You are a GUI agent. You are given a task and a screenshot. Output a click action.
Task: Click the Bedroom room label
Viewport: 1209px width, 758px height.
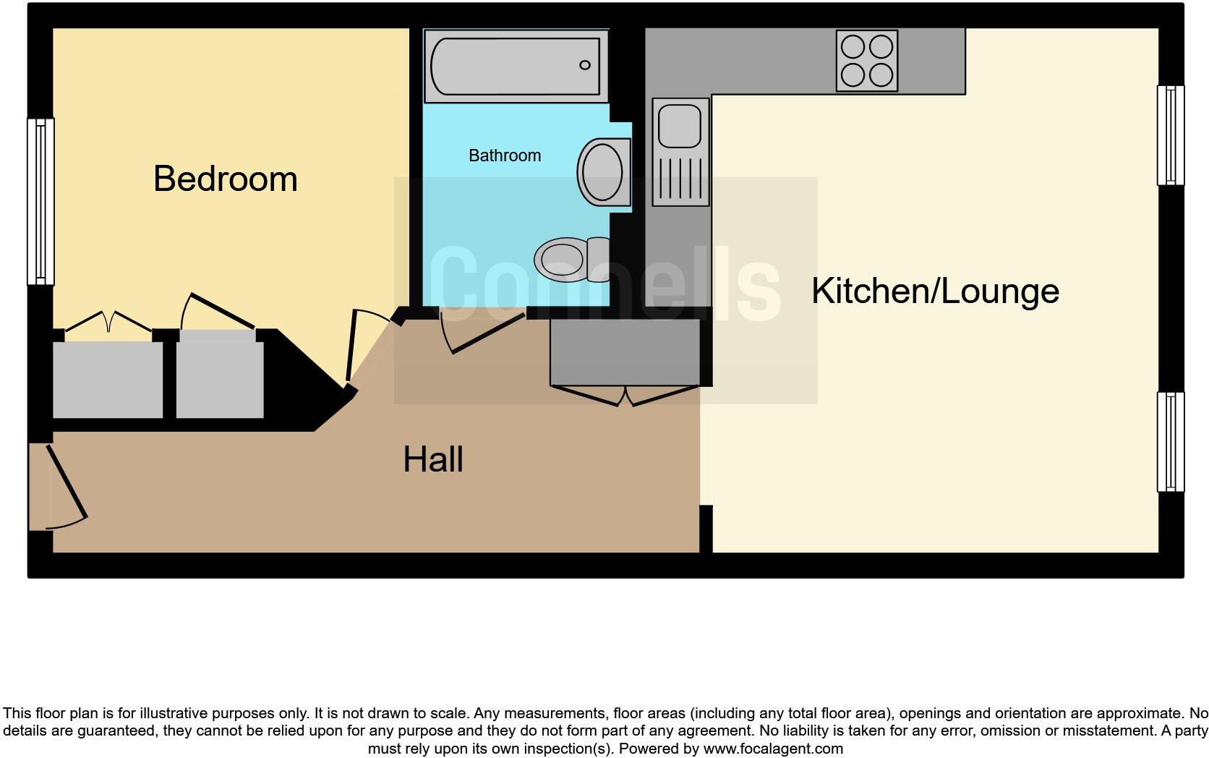point(225,179)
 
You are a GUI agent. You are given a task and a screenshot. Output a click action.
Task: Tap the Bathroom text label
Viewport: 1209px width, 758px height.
point(504,156)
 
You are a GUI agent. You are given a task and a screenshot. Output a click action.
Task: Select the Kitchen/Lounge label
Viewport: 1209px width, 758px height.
point(934,291)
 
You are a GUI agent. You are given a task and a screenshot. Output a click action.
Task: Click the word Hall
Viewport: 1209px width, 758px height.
point(432,459)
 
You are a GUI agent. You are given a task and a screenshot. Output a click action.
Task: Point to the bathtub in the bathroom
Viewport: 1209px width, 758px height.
point(515,66)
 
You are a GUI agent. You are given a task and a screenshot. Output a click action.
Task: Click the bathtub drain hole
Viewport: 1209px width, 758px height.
point(584,65)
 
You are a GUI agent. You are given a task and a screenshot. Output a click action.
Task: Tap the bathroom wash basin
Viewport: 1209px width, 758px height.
point(603,172)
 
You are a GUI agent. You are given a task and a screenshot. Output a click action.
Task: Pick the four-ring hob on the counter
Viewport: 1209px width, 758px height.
point(866,61)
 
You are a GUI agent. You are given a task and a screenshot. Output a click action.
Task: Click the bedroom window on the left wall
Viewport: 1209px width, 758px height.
point(40,201)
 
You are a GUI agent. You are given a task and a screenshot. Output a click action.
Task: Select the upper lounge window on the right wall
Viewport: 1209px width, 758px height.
point(1170,135)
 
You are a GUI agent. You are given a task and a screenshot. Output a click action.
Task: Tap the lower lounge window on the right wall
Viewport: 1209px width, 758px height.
point(1170,442)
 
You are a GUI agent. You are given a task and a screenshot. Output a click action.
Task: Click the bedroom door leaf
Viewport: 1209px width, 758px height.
point(351,346)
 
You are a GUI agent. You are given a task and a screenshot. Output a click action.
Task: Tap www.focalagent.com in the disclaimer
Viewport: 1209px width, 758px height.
point(772,749)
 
